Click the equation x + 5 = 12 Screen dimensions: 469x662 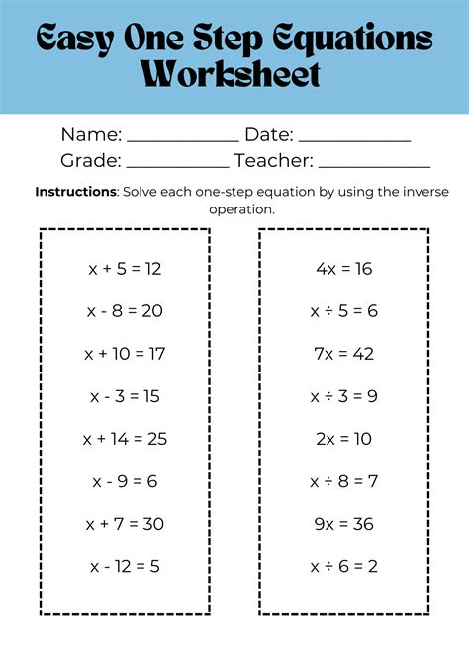125,269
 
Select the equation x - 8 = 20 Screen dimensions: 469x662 125,311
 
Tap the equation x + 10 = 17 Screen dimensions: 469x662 125,354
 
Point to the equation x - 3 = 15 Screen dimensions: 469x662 125,396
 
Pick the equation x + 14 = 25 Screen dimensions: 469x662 125,439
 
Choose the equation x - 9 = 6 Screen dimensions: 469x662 125,481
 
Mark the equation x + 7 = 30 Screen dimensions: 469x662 125,524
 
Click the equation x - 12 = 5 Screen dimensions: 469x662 125,566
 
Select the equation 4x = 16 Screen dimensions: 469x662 343,269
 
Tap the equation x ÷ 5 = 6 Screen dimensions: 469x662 343,311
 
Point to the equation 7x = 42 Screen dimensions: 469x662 343,354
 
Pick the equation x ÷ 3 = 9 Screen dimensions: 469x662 343,396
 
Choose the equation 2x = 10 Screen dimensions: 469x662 343,439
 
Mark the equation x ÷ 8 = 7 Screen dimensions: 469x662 343,481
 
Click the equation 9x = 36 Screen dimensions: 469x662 343,524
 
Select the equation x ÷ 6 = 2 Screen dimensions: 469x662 343,566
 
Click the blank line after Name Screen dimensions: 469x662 182,140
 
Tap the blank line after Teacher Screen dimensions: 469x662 374,166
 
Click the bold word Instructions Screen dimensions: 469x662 75,192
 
